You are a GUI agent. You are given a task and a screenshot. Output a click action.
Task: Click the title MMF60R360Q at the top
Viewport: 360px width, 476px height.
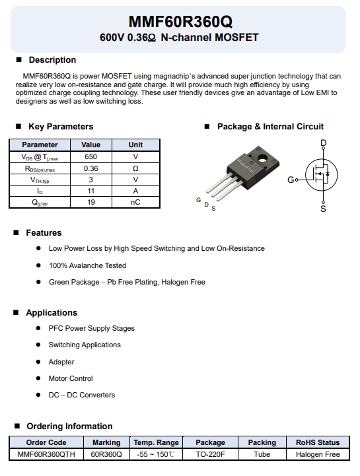tap(180, 22)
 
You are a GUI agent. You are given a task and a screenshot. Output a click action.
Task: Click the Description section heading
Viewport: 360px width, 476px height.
tap(52, 60)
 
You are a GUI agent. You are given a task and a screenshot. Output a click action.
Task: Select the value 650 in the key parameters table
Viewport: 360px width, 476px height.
tap(90, 157)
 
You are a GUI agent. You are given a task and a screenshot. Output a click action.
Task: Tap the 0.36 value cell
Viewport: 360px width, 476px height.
tap(90, 169)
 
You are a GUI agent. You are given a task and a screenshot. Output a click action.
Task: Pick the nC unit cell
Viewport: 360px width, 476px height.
tap(135, 203)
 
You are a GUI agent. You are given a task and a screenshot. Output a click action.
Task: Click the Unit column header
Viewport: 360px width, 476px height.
tap(135, 145)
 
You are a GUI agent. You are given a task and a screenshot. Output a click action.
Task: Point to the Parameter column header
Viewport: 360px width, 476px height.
tap(40, 145)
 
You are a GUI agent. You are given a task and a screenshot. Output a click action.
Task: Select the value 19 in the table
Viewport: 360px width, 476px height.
tap(90, 203)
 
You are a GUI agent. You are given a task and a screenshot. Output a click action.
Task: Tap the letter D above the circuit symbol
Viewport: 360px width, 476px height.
tap(323, 143)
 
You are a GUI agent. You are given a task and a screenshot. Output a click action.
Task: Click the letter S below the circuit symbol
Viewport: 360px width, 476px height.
tap(323, 209)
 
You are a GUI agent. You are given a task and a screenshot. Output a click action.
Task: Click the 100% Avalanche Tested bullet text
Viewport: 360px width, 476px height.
tap(87, 265)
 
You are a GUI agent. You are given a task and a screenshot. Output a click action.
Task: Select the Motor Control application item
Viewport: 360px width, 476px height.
tap(71, 378)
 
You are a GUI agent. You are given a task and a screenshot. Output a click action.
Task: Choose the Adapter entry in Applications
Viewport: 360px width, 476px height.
tap(61, 362)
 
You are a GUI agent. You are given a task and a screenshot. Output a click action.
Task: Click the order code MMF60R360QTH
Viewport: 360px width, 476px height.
tap(46, 454)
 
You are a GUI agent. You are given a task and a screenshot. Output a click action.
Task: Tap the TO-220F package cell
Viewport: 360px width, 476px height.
tap(210, 454)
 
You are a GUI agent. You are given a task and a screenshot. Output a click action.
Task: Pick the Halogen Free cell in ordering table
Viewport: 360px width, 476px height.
tap(318, 454)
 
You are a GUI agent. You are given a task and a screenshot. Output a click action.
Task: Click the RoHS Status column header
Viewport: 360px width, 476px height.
tap(318, 442)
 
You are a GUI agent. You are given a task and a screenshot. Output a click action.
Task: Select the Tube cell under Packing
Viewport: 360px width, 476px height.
tap(262, 454)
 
